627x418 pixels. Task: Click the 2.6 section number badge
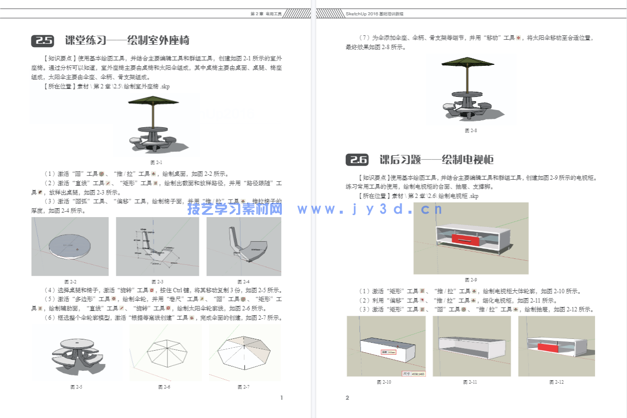coord(357,160)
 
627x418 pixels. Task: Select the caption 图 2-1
coord(156,162)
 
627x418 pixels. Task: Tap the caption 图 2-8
coord(470,131)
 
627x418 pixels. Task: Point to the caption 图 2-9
coord(470,280)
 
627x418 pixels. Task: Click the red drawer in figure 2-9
coord(465,239)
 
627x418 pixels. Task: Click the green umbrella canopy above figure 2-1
coord(153,100)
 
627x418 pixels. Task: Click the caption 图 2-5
coord(76,387)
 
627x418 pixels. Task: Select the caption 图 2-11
coord(470,382)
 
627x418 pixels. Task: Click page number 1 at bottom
coord(281,398)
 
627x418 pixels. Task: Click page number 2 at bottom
coord(347,398)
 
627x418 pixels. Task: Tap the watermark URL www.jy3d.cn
coord(370,210)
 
